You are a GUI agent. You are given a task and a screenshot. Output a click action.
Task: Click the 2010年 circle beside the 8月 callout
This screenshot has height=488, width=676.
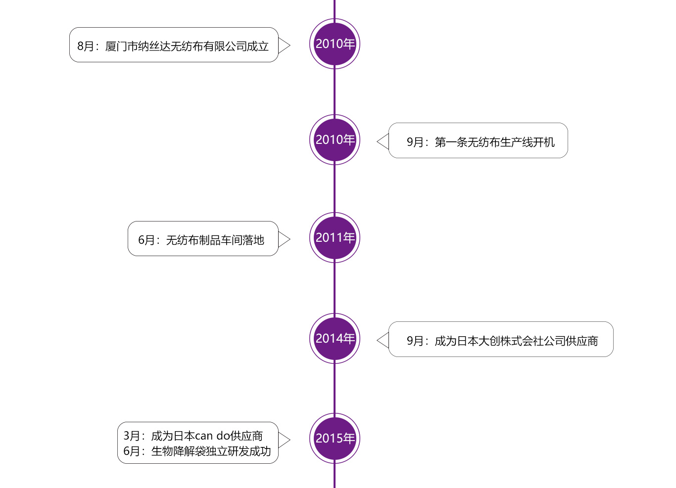pos(335,44)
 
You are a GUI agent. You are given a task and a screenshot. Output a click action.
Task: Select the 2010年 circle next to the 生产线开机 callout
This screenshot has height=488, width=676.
pos(335,140)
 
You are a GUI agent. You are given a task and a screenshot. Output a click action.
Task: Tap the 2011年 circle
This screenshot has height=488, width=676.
pos(335,238)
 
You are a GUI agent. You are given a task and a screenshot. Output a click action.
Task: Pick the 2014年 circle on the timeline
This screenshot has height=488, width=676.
pos(335,339)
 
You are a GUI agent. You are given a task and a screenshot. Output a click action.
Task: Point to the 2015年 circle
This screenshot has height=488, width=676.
pos(335,439)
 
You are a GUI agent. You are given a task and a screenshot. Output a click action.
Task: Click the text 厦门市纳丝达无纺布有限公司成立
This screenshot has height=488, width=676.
pos(187,46)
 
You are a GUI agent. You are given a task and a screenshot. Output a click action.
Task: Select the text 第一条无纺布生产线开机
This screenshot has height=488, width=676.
pos(494,142)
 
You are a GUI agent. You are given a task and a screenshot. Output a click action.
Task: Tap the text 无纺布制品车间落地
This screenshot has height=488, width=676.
pos(215,240)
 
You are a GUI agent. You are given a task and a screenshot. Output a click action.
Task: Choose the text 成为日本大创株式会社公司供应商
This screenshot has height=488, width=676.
pos(516,341)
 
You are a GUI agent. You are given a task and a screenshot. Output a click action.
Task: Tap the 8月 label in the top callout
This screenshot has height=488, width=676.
pos(86,46)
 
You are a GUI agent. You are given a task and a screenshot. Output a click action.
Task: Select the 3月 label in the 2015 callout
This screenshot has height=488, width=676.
pos(132,436)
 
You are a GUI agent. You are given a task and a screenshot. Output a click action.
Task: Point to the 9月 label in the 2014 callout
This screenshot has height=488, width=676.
pos(415,341)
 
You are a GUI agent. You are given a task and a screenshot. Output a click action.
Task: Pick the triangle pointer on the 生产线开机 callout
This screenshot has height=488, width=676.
pos(384,141)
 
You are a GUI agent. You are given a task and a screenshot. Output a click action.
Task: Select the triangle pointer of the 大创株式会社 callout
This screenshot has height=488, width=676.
pos(384,340)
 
